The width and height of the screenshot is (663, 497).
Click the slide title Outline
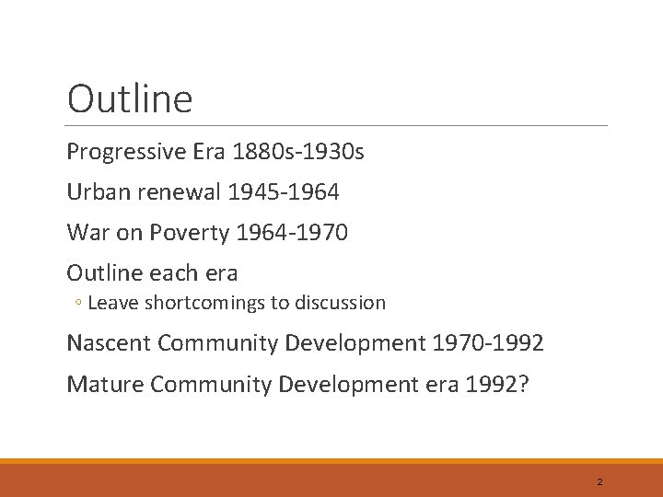click(x=130, y=99)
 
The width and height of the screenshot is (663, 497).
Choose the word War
click(x=87, y=233)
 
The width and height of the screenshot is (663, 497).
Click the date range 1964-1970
click(x=292, y=233)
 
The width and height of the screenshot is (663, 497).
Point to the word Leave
click(x=110, y=302)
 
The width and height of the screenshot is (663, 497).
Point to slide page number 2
click(x=599, y=481)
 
